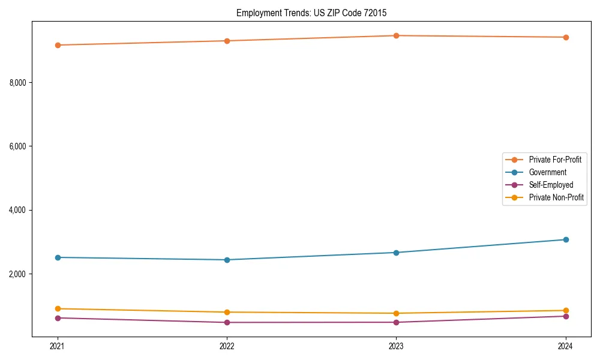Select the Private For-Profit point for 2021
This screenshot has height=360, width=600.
click(x=58, y=45)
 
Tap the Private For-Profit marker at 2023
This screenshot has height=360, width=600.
click(x=397, y=36)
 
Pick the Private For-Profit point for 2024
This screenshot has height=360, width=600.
click(x=566, y=37)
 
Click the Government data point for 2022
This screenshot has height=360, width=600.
click(x=227, y=260)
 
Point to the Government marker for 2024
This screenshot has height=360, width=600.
click(x=566, y=240)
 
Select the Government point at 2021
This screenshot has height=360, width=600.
click(x=58, y=257)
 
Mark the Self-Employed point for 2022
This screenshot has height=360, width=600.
click(x=227, y=323)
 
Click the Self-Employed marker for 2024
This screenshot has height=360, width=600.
click(x=566, y=316)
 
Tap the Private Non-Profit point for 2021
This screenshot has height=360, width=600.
click(x=58, y=309)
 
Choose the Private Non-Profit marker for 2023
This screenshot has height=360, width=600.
click(x=397, y=313)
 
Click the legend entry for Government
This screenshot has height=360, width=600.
click(x=547, y=172)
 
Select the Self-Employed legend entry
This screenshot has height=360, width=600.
click(x=551, y=185)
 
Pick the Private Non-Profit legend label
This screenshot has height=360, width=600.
click(x=556, y=197)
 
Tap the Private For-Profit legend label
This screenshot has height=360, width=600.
click(x=555, y=160)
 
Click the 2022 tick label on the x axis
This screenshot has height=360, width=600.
click(x=227, y=346)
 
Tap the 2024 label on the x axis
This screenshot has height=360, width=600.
click(x=566, y=346)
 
